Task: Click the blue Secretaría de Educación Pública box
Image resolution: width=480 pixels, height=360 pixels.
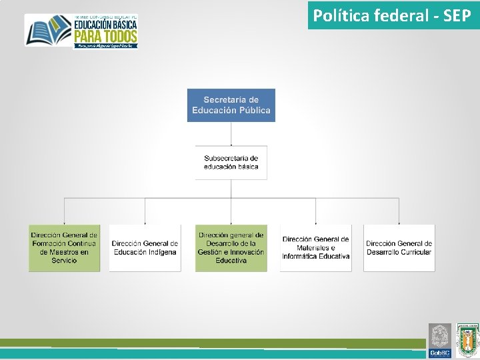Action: point(231,105)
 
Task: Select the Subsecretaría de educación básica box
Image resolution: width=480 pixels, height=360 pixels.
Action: point(231,162)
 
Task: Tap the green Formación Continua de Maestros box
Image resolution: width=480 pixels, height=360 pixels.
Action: point(64,247)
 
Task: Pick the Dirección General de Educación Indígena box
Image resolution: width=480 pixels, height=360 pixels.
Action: point(145,248)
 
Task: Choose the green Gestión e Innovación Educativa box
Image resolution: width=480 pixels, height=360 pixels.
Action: point(231,247)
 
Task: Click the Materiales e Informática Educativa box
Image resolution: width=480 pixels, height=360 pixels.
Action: point(315,248)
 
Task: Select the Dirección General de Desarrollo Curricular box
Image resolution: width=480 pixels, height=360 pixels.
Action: point(399,248)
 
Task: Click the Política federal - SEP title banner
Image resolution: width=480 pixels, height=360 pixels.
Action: point(393,15)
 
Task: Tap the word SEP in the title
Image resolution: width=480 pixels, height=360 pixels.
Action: point(457,15)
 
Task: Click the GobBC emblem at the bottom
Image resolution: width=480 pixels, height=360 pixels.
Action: point(440,340)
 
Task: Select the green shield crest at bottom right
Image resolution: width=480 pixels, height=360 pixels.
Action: point(467,340)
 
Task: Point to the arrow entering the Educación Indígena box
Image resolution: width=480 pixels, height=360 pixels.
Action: point(145,220)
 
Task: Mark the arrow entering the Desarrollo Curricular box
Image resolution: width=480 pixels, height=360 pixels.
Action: point(399,220)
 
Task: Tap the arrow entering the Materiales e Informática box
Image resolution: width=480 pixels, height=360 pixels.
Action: point(315,220)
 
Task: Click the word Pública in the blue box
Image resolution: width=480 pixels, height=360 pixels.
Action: point(255,110)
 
